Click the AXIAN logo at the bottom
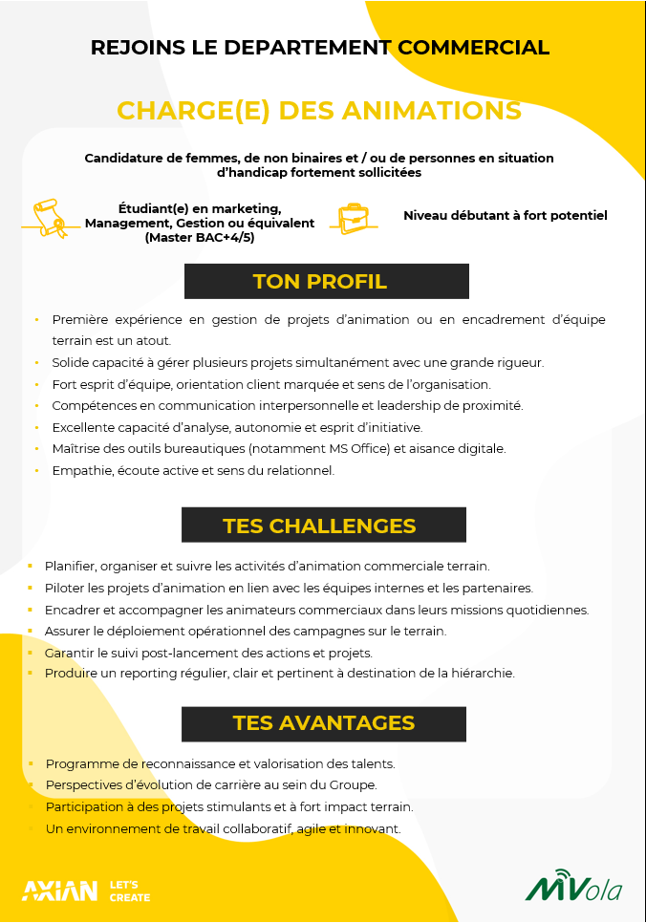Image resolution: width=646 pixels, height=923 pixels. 59,891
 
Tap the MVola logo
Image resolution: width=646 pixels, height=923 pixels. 573,887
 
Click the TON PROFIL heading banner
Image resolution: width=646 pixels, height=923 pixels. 326,282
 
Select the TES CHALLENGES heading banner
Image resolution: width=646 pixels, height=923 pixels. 323,526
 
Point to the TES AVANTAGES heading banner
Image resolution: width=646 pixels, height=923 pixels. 323,723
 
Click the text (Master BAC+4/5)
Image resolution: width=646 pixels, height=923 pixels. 200,237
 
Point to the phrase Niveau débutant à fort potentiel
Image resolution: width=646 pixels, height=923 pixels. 505,215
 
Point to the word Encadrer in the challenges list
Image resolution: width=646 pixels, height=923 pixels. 73,610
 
